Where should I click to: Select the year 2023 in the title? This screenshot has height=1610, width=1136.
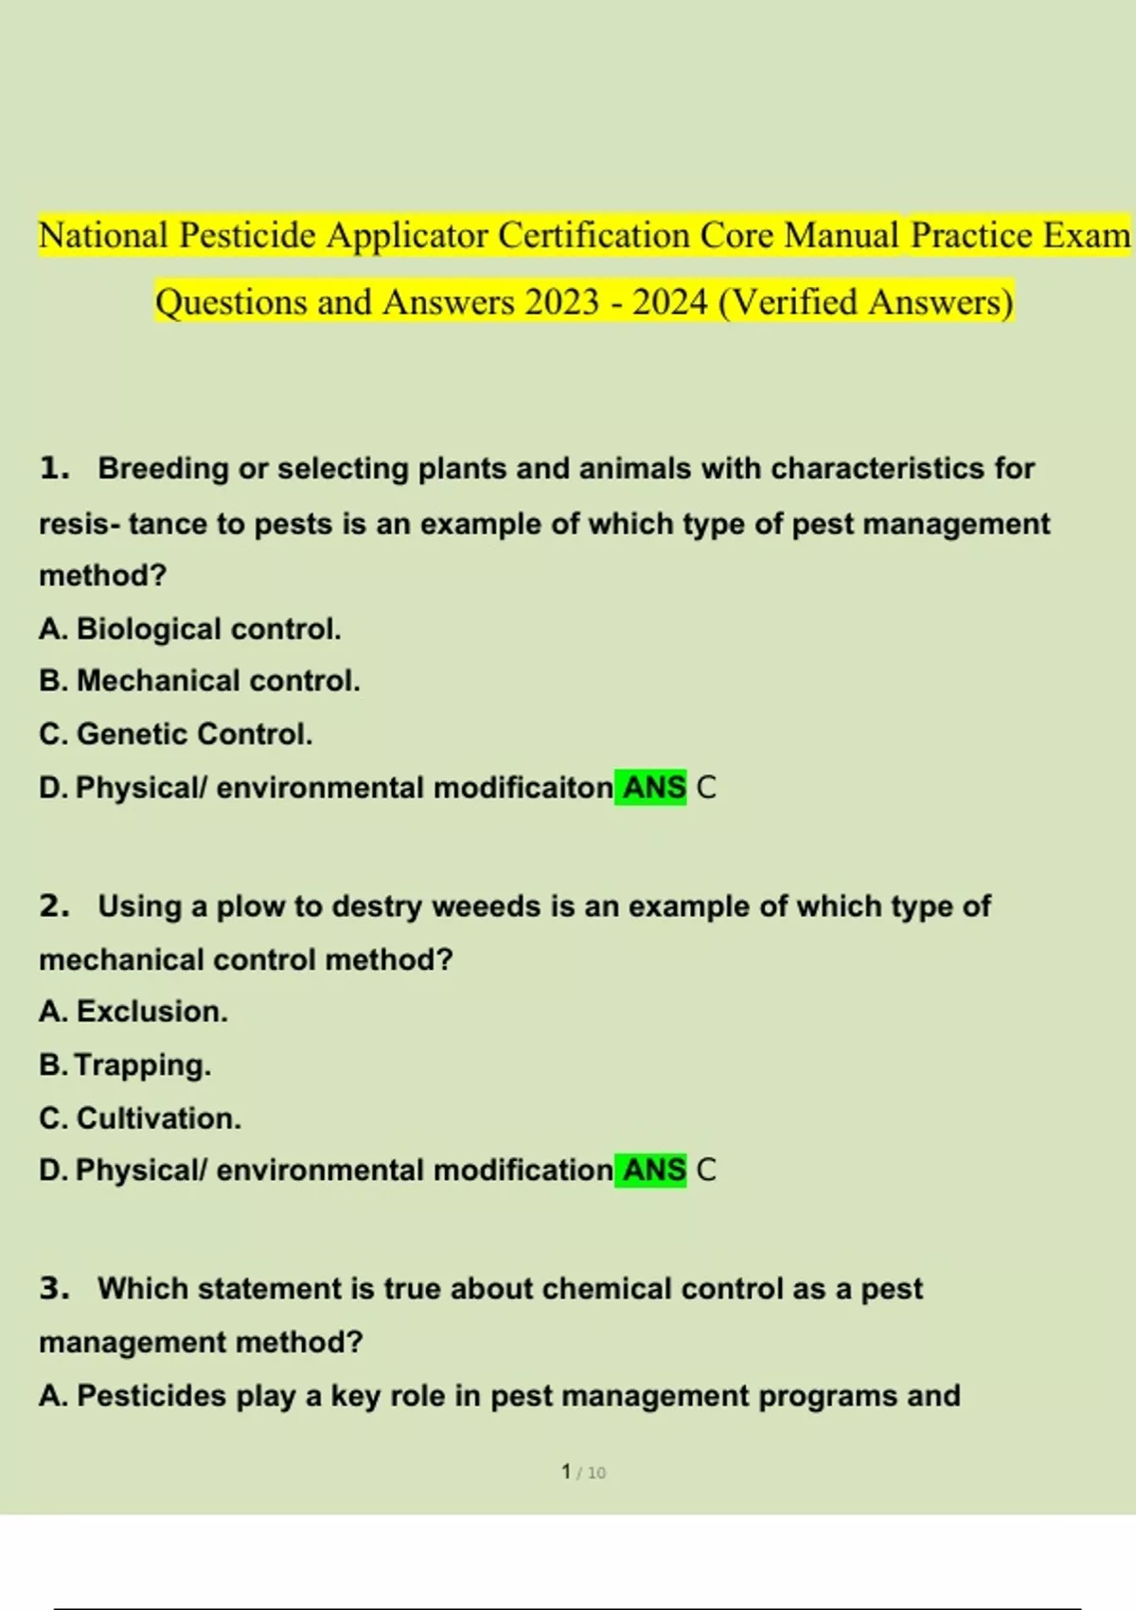pos(562,302)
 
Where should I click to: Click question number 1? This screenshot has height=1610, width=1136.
pos(54,468)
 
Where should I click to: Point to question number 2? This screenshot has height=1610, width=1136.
pos(54,906)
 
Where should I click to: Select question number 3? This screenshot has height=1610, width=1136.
pos(54,1289)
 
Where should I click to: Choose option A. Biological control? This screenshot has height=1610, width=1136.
pos(189,629)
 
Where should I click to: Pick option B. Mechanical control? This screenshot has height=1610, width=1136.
pos(199,681)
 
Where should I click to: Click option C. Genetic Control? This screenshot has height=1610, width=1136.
pos(175,734)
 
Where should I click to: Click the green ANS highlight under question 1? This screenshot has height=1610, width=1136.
pos(651,788)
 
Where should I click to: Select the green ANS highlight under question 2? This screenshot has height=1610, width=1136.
pos(651,1171)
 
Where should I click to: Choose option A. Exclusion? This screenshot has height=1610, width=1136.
pos(133,1011)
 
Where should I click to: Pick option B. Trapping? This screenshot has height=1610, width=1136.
pos(125,1065)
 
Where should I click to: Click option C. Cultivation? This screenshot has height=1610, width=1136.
pos(140,1118)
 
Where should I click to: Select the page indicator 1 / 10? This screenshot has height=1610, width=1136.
pos(583,1473)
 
